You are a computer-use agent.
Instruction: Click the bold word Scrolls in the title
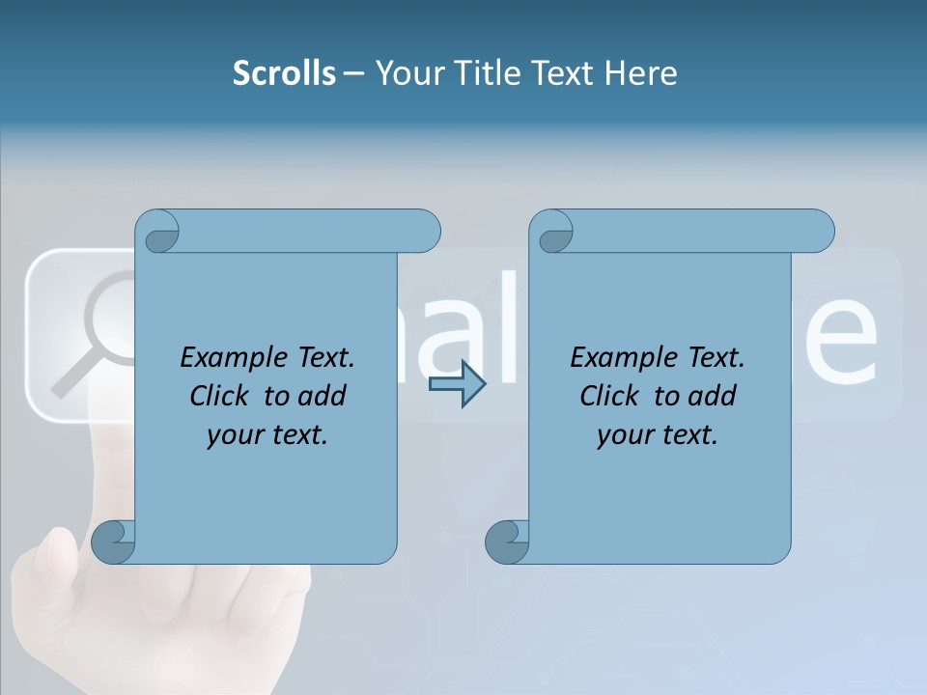coord(284,72)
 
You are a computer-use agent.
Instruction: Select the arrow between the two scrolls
coord(457,384)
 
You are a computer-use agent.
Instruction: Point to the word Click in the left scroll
coord(221,396)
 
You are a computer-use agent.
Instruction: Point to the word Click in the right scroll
coord(611,396)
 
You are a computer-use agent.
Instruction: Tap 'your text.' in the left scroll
coord(267,434)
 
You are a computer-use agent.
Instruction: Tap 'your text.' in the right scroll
coord(657,434)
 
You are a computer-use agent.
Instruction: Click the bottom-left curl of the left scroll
coord(114,542)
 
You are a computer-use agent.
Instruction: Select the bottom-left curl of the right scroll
coord(508,542)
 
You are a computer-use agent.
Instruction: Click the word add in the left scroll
coord(323,396)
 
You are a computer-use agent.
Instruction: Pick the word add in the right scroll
coord(713,396)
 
